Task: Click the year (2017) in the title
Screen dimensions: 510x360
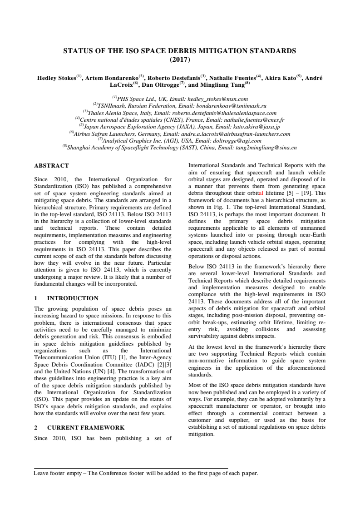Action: (179, 59)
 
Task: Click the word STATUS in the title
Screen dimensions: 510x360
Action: (78, 50)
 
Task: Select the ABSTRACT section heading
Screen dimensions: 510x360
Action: (52, 166)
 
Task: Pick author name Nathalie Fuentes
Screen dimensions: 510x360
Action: (235, 78)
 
